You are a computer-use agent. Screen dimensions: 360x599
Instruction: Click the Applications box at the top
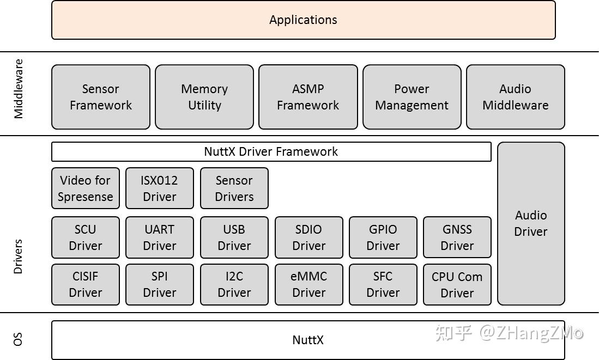coord(303,20)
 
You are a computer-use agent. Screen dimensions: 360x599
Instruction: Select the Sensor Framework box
coord(101,97)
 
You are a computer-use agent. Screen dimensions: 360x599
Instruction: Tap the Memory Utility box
coord(204,97)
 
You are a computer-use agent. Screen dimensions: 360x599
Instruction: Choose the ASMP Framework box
coord(308,97)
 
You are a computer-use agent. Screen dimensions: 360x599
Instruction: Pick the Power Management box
coord(412,97)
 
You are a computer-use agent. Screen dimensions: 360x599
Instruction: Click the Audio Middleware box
coord(515,97)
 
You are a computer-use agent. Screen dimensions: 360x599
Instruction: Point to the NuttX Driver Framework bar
coord(271,152)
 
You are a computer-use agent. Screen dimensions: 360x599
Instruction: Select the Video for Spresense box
coord(85,188)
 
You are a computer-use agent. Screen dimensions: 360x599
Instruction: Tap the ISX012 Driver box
coord(159,188)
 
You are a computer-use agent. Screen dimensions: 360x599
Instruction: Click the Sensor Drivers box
coord(234,188)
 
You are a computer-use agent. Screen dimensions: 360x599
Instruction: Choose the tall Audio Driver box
coord(531,223)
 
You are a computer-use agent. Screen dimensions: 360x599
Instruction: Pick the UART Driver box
coord(159,237)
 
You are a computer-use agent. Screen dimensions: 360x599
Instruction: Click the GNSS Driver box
coord(457,237)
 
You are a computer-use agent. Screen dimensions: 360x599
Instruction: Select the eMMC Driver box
coord(308,284)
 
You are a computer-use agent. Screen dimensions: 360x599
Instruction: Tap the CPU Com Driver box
coord(457,284)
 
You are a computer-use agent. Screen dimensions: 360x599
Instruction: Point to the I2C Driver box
coord(234,284)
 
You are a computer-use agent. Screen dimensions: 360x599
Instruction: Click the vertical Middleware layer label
coord(19,89)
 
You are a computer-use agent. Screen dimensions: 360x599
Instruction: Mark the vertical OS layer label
coord(18,340)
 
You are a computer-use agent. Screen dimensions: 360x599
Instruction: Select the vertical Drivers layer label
coord(18,256)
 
